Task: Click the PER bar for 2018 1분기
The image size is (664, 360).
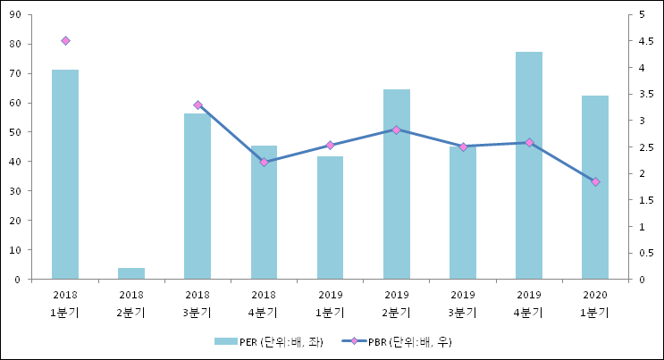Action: click(65, 174)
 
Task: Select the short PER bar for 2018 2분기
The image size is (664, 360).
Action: click(131, 273)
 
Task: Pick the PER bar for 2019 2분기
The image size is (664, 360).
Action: click(396, 184)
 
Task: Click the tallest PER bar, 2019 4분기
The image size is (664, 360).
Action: click(528, 165)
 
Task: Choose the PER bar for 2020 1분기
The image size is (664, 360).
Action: click(594, 188)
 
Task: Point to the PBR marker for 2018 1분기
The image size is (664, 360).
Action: click(65, 40)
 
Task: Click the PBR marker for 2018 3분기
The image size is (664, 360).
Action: click(198, 105)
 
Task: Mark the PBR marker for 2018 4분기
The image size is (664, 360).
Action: click(264, 162)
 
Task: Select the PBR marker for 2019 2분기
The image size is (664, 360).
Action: click(396, 130)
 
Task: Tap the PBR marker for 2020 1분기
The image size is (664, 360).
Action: click(595, 181)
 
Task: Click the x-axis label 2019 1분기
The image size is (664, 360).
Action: click(330, 302)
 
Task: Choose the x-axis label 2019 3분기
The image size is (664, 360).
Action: click(462, 302)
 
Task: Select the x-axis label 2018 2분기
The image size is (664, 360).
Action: click(131, 302)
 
